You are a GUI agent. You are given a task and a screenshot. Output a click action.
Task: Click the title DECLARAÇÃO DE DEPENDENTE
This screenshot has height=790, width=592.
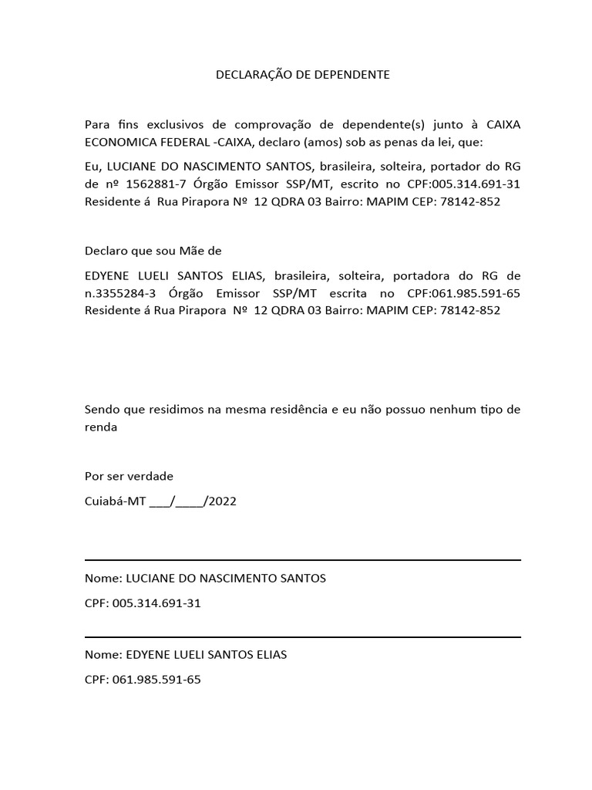(x=302, y=75)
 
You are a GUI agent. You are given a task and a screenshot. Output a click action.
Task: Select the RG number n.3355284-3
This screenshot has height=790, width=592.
(x=121, y=293)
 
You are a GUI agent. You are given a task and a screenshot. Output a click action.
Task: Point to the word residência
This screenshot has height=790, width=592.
(x=294, y=410)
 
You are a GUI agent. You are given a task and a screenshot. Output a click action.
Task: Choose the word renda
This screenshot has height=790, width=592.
(x=101, y=427)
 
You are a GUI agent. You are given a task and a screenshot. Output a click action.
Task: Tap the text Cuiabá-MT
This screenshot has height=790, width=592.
(x=115, y=501)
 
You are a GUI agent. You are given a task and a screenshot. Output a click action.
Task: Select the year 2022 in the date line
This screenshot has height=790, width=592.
(x=223, y=501)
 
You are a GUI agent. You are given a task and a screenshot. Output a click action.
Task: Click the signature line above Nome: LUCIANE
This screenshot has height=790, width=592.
(x=302, y=560)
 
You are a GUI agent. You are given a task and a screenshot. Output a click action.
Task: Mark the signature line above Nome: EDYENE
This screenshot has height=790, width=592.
(x=302, y=637)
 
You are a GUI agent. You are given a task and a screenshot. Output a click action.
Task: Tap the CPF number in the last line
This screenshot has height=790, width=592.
(x=156, y=680)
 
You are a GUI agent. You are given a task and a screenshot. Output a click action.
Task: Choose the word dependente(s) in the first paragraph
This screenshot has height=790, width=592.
(x=383, y=124)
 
